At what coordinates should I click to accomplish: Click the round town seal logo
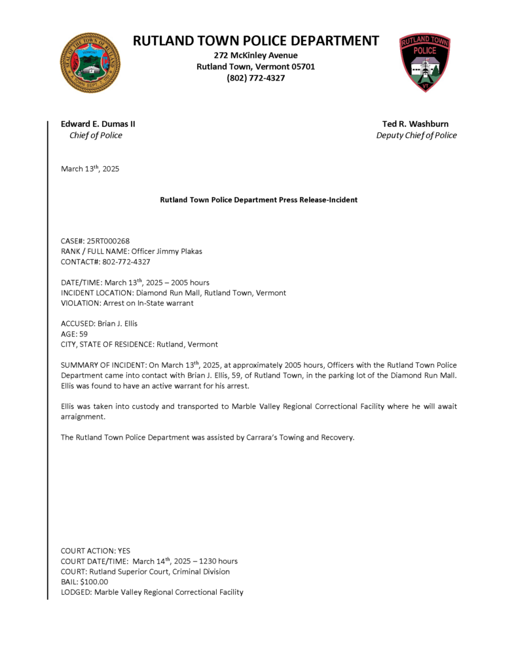pyautogui.click(x=90, y=63)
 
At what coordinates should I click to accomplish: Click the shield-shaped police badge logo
pyautogui.click(x=425, y=63)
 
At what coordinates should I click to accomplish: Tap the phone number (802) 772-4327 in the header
pyautogui.click(x=256, y=78)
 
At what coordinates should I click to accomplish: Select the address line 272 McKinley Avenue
pyautogui.click(x=256, y=55)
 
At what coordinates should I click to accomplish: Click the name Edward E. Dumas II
pyautogui.click(x=98, y=124)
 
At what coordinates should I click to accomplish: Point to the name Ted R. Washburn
pyautogui.click(x=416, y=124)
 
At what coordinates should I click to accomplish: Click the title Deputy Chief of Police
pyautogui.click(x=416, y=135)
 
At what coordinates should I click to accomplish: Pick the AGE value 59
pyautogui.click(x=83, y=334)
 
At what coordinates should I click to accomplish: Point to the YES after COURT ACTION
pyautogui.click(x=124, y=551)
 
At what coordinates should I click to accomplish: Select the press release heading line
pyautogui.click(x=259, y=200)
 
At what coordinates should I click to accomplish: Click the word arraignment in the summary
pyautogui.click(x=83, y=416)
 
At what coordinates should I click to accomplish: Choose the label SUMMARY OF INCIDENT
pyautogui.click(x=102, y=364)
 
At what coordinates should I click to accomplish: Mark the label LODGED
pyautogui.click(x=75, y=592)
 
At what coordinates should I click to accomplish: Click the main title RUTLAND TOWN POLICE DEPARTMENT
pyautogui.click(x=256, y=41)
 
